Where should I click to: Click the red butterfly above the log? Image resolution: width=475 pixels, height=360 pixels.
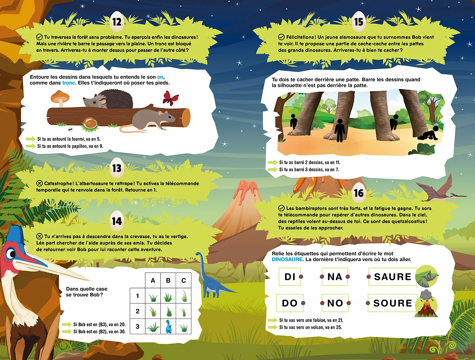171,98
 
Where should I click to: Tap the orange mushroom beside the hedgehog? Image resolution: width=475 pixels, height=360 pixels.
60,98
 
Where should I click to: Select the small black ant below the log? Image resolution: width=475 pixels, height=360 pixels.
70,129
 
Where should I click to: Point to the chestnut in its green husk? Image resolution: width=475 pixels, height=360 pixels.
90,124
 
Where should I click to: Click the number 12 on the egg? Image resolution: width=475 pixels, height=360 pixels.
117,22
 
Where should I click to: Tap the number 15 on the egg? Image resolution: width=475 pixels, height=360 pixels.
359,22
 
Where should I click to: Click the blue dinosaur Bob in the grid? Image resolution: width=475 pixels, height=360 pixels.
169,326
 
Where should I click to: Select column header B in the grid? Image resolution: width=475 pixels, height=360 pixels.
168,281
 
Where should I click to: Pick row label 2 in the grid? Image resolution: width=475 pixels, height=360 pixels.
137,311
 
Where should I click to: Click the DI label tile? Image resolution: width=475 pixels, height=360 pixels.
290,276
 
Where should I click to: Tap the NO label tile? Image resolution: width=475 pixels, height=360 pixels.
335,303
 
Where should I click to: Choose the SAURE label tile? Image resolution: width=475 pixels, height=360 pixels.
393,276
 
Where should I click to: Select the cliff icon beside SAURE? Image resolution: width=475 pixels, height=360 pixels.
427,276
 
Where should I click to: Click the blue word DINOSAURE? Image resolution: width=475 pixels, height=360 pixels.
287,259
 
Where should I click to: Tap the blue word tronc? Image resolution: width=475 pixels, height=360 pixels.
69,83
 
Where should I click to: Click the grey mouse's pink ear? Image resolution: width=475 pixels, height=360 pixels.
160,113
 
